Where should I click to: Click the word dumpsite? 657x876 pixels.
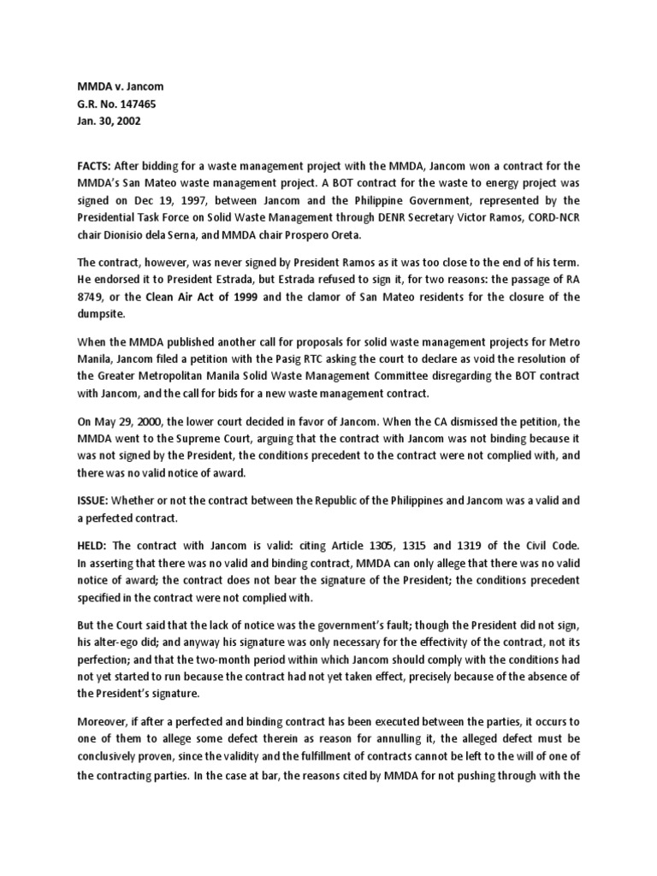(x=95, y=314)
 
